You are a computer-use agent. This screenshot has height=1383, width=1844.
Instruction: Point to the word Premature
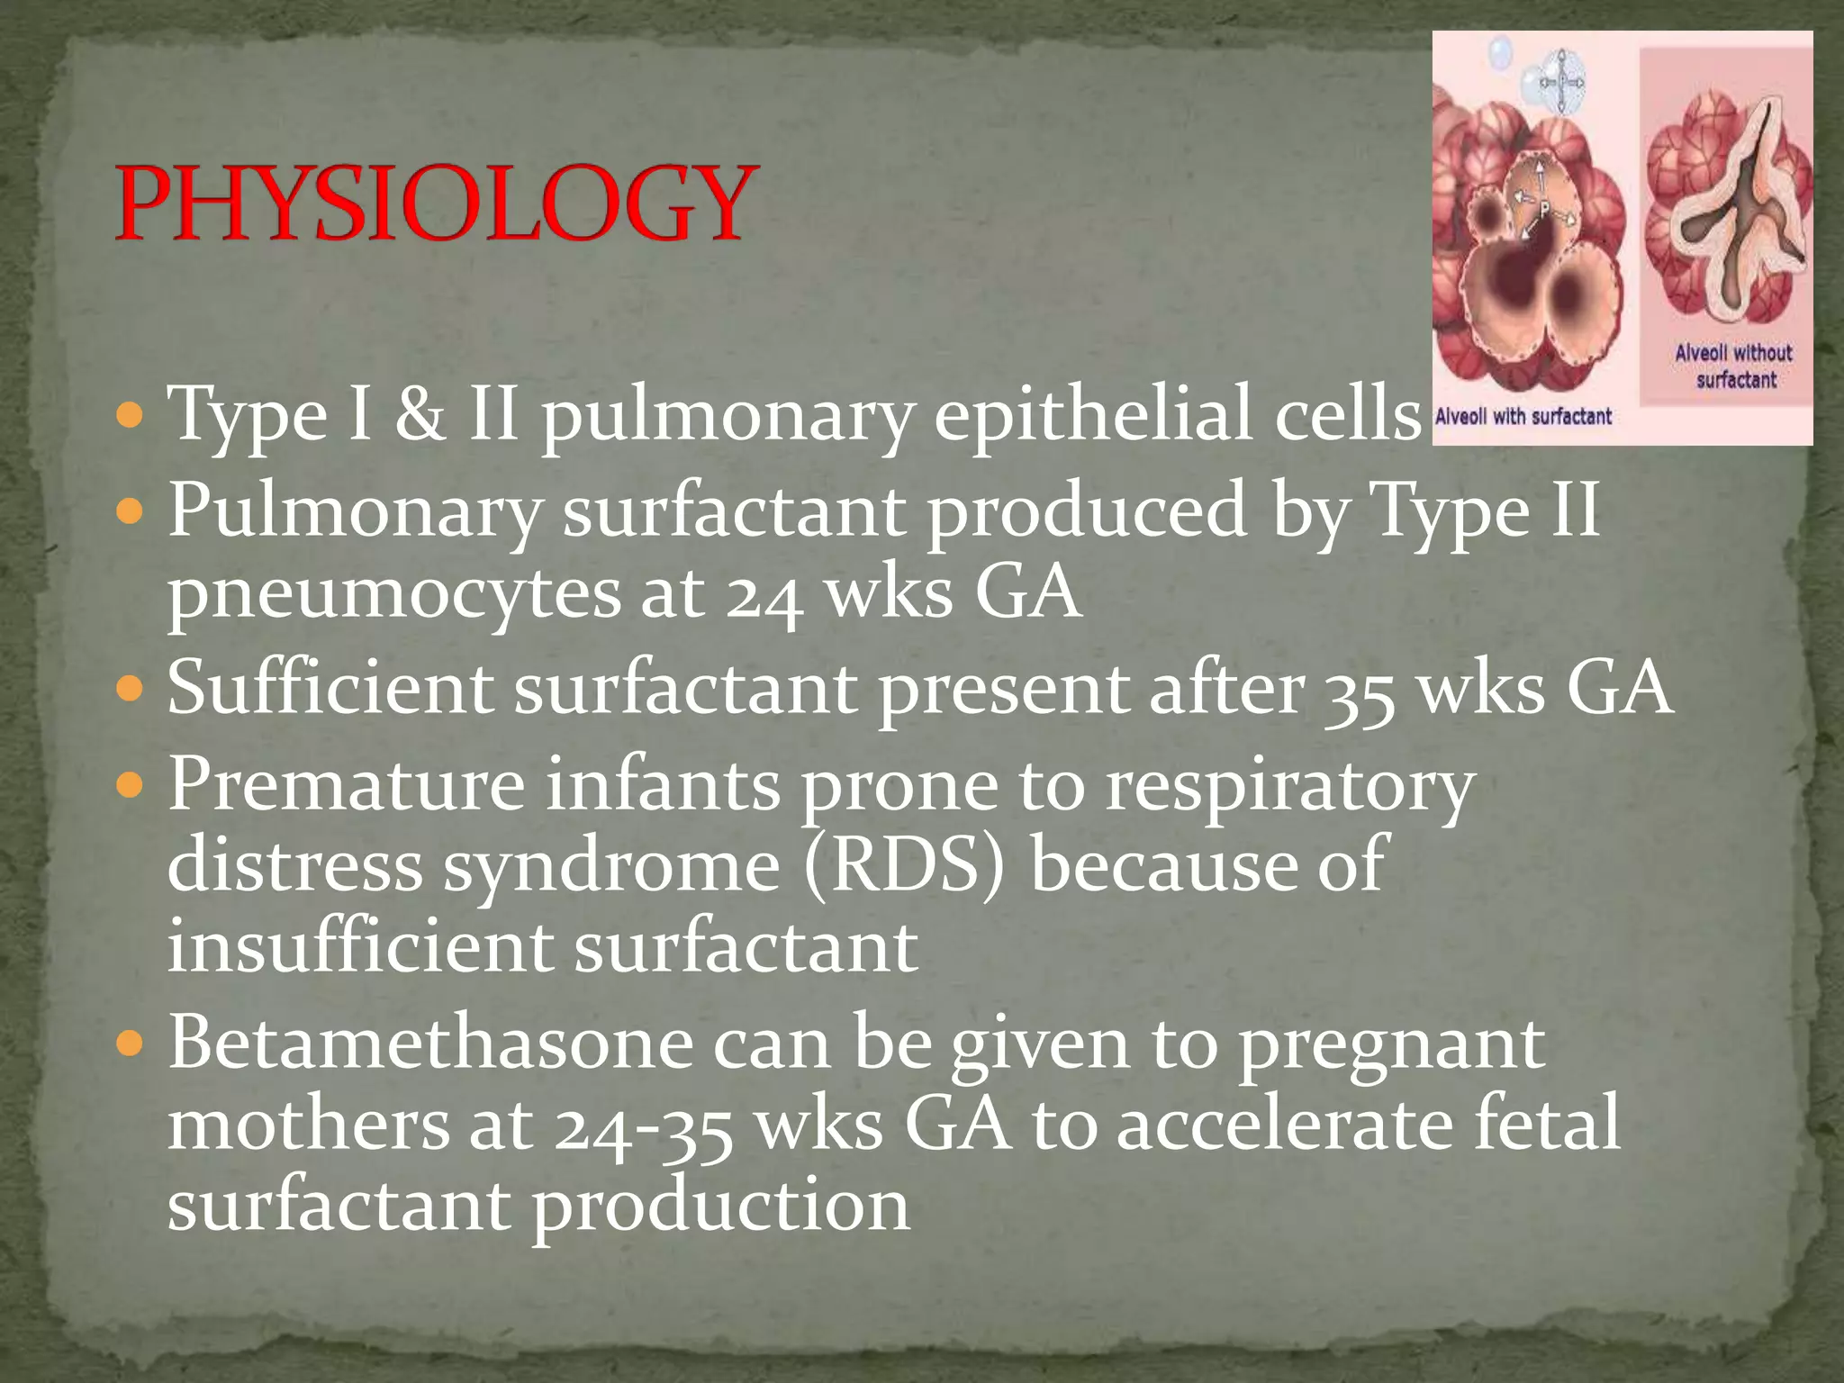347,784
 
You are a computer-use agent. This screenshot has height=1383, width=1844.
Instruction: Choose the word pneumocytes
394,596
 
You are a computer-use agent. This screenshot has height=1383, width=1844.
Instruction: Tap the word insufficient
360,947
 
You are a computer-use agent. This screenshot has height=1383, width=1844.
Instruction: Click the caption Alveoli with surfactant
1523,417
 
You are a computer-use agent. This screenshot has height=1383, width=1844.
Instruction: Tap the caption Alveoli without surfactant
1734,366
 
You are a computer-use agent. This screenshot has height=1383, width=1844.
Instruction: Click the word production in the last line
720,1207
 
